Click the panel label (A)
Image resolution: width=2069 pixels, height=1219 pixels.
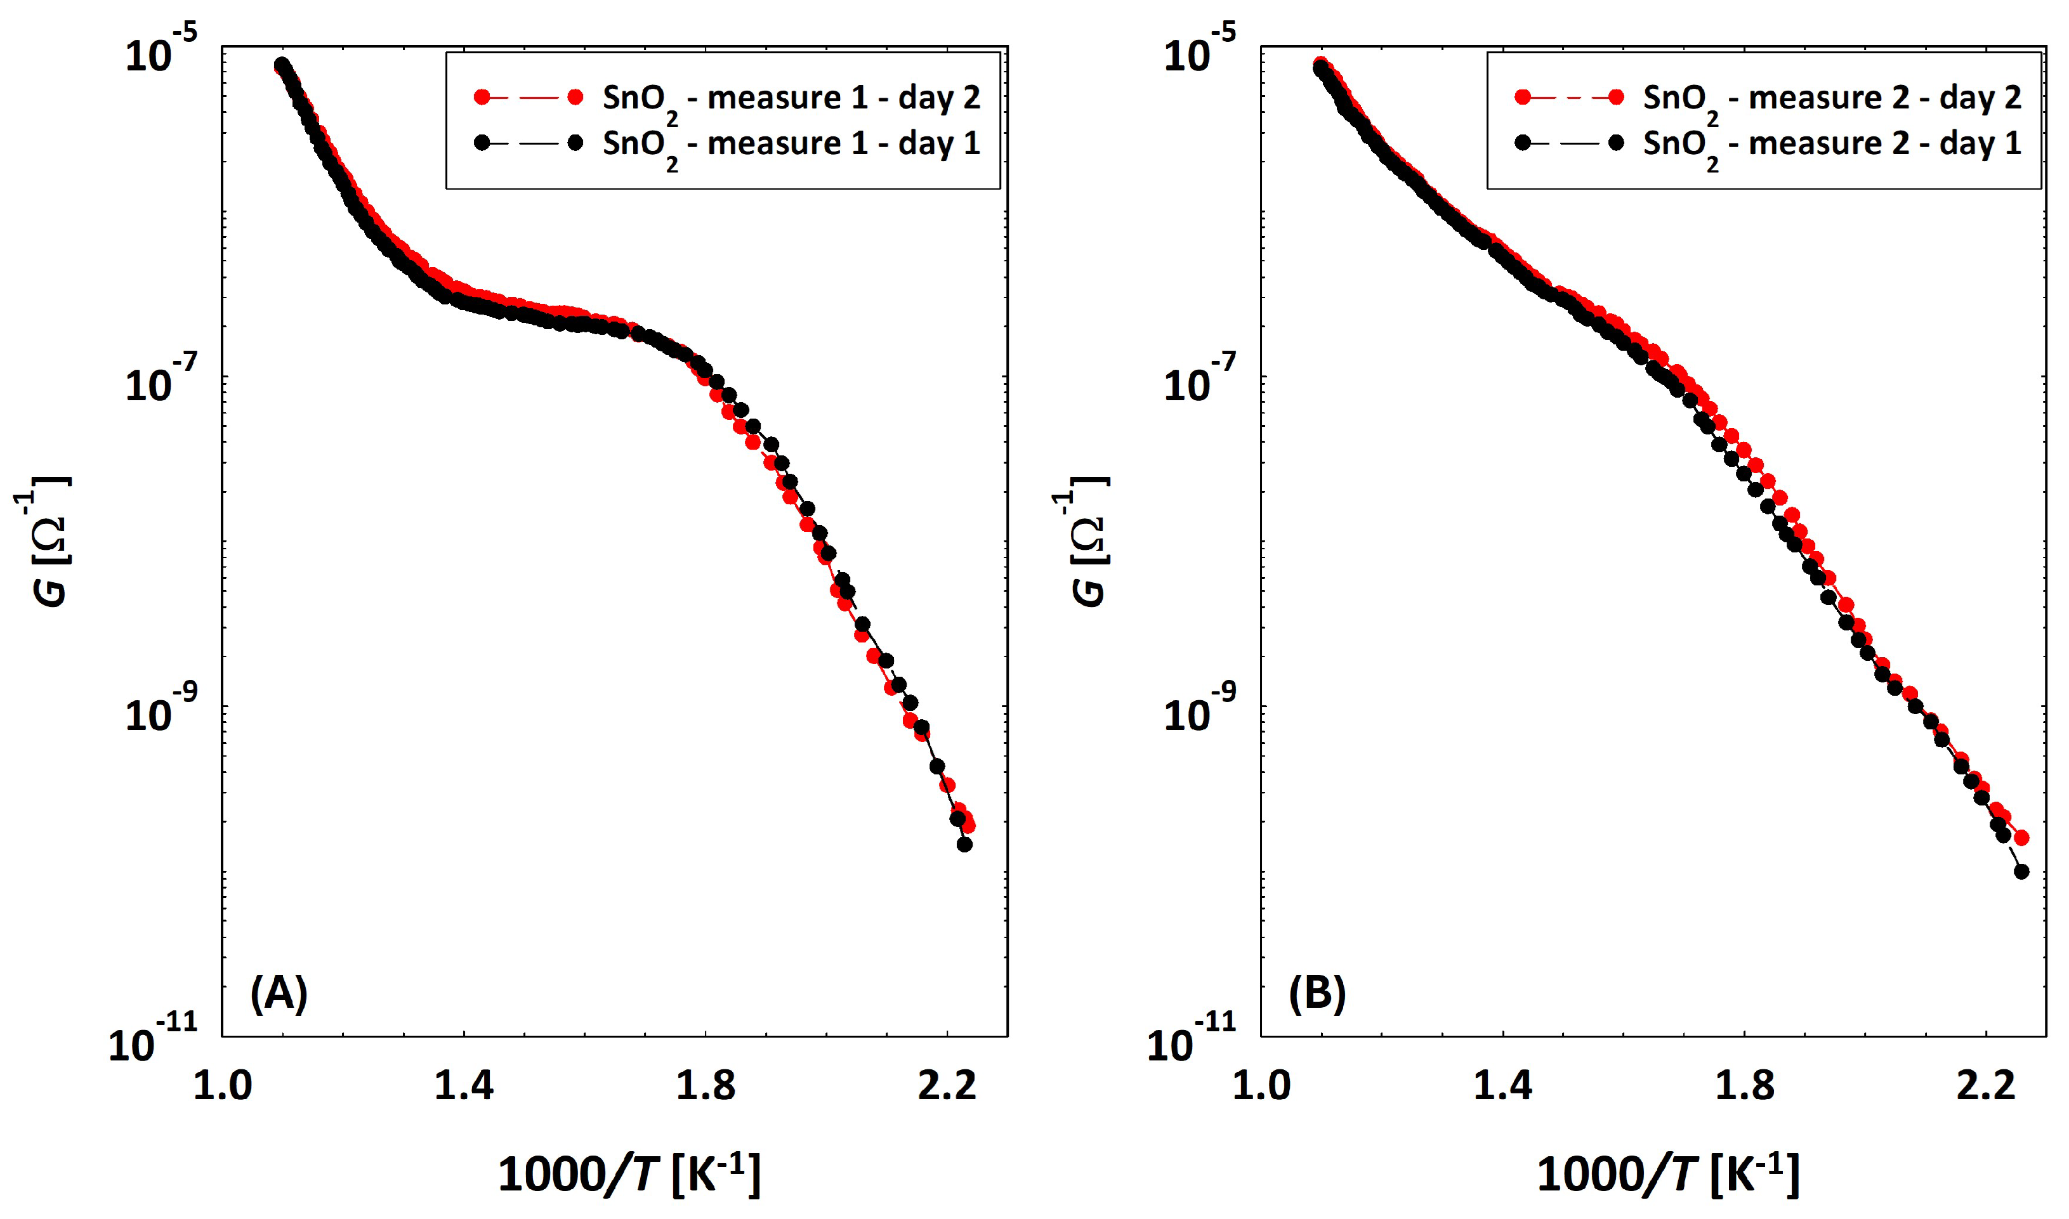click(x=279, y=993)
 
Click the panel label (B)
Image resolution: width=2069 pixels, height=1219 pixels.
click(x=1317, y=993)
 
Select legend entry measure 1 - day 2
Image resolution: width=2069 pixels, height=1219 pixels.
click(x=791, y=98)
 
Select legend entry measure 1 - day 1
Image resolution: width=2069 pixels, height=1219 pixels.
click(x=791, y=144)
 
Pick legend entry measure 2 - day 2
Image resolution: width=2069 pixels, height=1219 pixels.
click(x=1830, y=98)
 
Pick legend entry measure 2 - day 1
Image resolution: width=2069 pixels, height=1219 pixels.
click(x=1830, y=144)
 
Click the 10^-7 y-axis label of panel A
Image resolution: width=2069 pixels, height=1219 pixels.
click(x=161, y=381)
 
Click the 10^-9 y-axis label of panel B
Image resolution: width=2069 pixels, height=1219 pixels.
click(x=1200, y=712)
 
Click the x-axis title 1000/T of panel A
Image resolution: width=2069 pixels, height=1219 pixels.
click(x=629, y=1173)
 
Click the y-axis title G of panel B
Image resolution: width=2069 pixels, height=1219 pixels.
click(x=1089, y=542)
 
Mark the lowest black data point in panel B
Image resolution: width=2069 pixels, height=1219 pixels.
click(x=2021, y=871)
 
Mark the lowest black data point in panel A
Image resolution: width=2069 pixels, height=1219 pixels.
click(x=964, y=844)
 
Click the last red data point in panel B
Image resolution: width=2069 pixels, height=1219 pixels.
click(x=2021, y=838)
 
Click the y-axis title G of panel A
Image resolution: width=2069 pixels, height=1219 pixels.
click(x=49, y=542)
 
